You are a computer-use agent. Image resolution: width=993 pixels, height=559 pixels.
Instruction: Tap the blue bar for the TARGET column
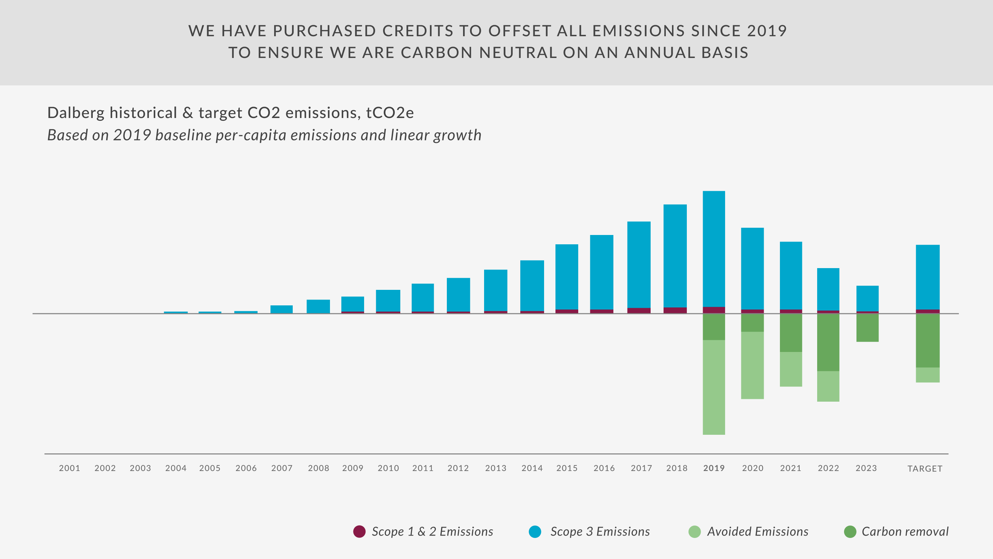tap(927, 277)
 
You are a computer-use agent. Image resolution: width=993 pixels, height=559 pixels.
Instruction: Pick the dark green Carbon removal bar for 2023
tap(867, 327)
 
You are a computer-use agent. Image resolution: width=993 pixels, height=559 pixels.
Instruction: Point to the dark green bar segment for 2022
tap(828, 342)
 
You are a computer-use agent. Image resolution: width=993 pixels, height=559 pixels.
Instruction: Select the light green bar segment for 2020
tap(752, 365)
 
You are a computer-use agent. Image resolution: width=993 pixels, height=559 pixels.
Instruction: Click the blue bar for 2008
tap(318, 306)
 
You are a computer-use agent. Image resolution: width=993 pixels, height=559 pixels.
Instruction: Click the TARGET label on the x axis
tap(925, 468)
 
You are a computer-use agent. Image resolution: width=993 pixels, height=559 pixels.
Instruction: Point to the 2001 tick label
tap(69, 468)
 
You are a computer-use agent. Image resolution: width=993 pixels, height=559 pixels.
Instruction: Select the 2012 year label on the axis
tap(458, 468)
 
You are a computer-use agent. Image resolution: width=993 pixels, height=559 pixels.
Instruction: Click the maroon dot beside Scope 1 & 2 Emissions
tap(359, 531)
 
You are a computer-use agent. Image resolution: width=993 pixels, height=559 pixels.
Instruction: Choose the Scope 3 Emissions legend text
tap(600, 531)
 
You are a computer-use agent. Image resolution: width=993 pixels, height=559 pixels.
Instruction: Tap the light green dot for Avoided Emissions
tap(694, 531)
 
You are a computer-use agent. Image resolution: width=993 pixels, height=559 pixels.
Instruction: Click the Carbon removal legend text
tap(905, 531)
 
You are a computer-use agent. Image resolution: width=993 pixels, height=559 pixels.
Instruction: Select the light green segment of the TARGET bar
tap(927, 375)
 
